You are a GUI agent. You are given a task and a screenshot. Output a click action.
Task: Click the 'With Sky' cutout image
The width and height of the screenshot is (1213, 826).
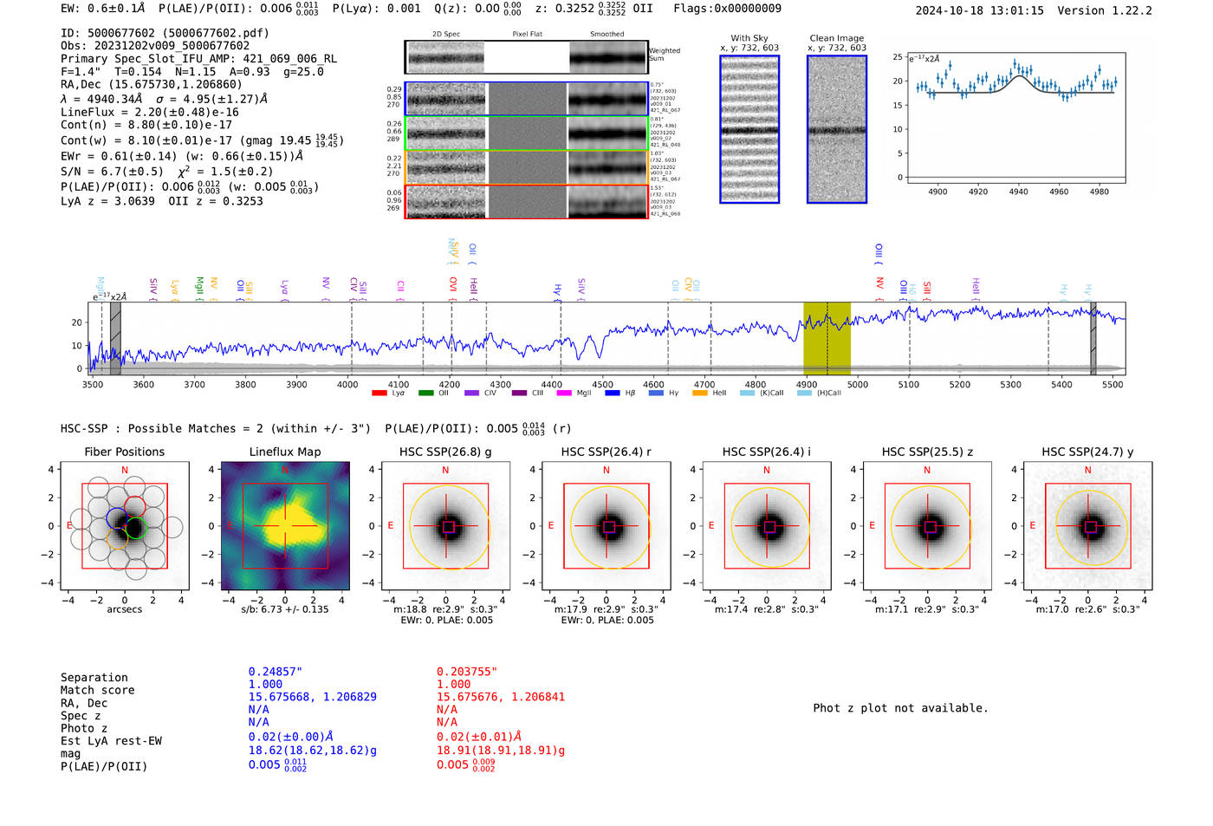click(749, 129)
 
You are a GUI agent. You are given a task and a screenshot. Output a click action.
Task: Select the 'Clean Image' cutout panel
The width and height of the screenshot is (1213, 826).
click(836, 129)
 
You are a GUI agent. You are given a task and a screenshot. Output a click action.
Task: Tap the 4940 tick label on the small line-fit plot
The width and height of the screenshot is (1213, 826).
click(1018, 192)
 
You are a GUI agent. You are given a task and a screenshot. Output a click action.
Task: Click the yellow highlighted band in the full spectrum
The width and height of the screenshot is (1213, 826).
click(827, 338)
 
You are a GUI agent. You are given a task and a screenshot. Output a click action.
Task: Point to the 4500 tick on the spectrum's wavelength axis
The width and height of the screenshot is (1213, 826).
click(602, 384)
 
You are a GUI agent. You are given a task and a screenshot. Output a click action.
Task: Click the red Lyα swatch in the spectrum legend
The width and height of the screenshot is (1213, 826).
click(379, 393)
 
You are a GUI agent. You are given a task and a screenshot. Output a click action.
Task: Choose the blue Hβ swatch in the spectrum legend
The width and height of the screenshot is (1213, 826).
click(612, 393)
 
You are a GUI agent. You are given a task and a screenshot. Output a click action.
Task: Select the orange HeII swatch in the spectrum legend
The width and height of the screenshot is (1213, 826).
click(700, 393)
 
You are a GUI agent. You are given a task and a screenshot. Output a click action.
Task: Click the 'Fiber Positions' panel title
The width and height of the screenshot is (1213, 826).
click(124, 452)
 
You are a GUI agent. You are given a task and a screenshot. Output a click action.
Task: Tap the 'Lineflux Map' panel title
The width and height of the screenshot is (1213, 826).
click(285, 452)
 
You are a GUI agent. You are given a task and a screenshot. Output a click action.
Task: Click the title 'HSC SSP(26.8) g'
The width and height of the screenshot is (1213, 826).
click(445, 452)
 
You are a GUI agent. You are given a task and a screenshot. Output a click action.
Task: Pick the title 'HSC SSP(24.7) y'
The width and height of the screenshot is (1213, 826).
click(1087, 452)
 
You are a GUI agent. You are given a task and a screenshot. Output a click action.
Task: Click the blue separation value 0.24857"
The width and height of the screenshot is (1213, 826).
click(275, 672)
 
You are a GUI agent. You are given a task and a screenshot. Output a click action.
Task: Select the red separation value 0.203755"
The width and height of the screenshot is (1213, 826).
click(467, 672)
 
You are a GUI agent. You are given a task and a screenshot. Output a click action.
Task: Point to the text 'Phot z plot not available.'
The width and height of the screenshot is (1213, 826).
click(900, 708)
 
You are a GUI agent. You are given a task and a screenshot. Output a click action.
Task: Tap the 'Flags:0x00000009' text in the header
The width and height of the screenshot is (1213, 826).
click(727, 9)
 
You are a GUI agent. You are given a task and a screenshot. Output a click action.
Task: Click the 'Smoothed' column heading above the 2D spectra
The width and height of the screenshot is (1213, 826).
click(606, 35)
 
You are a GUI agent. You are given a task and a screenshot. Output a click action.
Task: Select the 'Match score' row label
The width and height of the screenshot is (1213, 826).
click(97, 691)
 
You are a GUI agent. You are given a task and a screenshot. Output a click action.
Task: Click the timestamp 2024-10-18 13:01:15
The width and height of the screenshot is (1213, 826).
click(979, 10)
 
